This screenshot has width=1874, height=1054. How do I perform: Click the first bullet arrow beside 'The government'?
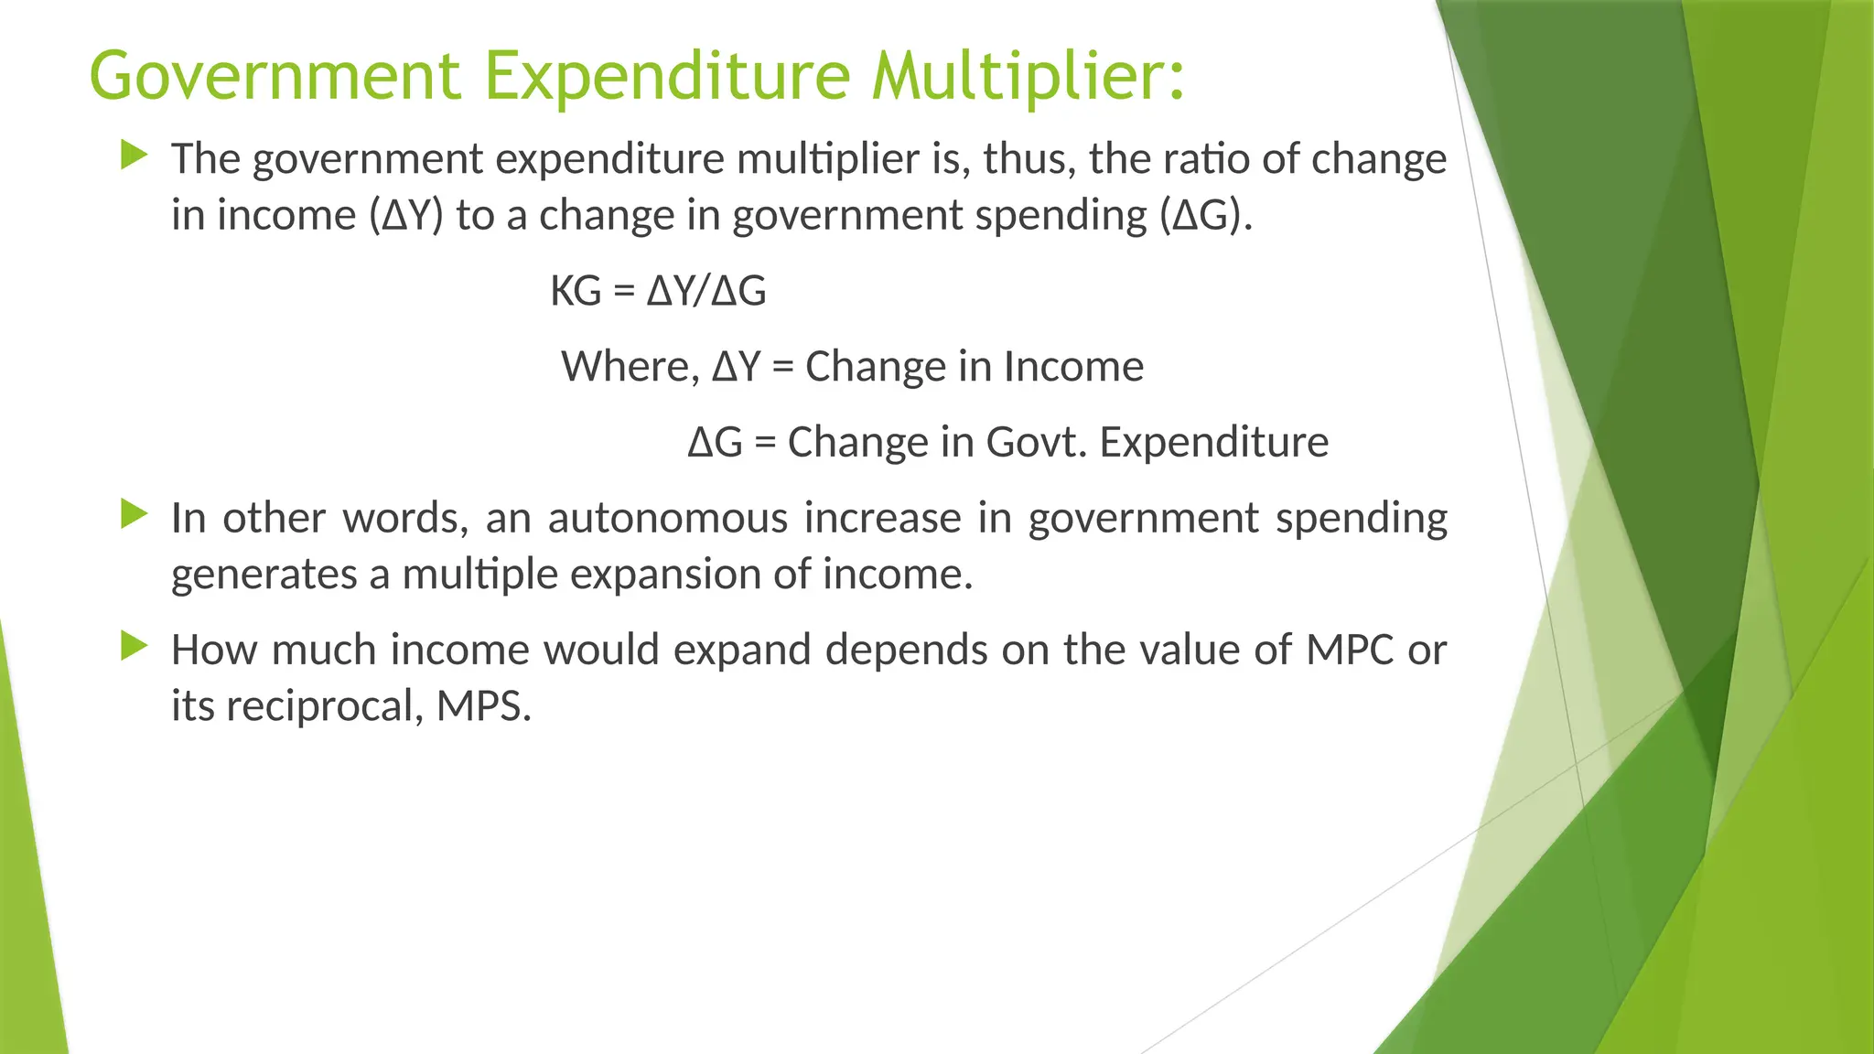pos(134,156)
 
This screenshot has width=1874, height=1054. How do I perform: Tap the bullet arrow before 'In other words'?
pos(134,514)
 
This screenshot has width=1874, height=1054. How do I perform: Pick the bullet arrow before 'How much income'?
pos(134,647)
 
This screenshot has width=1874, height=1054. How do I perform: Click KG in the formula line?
pos(576,292)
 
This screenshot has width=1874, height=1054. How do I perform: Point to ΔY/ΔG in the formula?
pos(706,292)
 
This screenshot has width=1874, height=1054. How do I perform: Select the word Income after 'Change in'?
pos(1073,367)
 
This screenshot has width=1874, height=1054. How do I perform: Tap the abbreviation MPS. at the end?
pos(483,706)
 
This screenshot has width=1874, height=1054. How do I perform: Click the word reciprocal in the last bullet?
pos(319,707)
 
